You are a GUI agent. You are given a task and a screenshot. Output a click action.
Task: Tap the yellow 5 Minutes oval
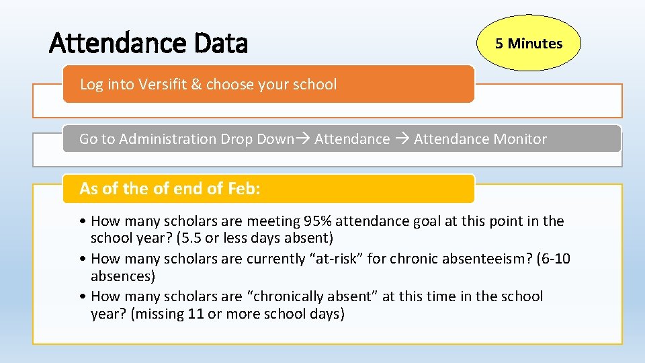pos(528,44)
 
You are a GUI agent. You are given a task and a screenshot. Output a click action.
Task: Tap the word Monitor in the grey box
pos(519,139)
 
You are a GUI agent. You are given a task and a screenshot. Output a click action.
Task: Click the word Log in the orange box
pos(91,85)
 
